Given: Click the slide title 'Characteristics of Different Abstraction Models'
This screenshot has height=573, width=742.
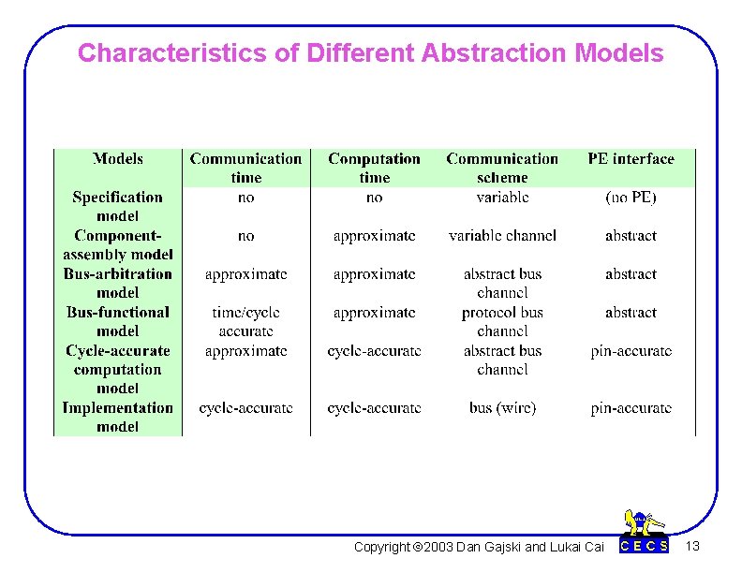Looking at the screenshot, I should click(x=370, y=53).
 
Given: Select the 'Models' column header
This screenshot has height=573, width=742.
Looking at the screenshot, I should click(x=118, y=159).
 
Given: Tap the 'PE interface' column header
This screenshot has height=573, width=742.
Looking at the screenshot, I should click(x=631, y=159).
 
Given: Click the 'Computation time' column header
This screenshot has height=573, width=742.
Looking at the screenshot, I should click(x=374, y=169).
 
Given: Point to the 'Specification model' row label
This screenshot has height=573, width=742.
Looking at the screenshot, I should click(x=118, y=206).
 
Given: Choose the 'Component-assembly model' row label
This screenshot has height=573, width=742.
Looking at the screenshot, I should click(x=118, y=244).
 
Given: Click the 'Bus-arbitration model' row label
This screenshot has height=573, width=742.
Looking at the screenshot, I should click(x=118, y=283).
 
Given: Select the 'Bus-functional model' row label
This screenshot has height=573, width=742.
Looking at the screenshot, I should click(x=118, y=321).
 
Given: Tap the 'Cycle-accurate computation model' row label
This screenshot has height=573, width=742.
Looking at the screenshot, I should click(x=118, y=369).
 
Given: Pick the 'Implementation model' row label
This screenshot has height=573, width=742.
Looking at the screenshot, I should click(x=118, y=417).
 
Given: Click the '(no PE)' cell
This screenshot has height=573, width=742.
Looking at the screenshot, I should click(x=631, y=198).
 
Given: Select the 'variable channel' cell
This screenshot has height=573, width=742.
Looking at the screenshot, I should click(x=502, y=236).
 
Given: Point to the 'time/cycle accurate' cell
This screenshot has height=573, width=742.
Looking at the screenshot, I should click(x=245, y=321).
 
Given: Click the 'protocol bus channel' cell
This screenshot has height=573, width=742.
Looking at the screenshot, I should click(x=502, y=321).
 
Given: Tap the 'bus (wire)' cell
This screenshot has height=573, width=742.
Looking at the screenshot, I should click(x=502, y=408).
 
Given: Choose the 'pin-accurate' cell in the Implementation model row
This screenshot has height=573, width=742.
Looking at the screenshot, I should click(x=631, y=408).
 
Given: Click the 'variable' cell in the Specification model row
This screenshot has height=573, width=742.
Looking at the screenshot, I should click(x=502, y=198).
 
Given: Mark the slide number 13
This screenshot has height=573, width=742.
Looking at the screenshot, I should click(x=692, y=546).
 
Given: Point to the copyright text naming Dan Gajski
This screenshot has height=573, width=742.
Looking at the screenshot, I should click(x=479, y=547).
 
